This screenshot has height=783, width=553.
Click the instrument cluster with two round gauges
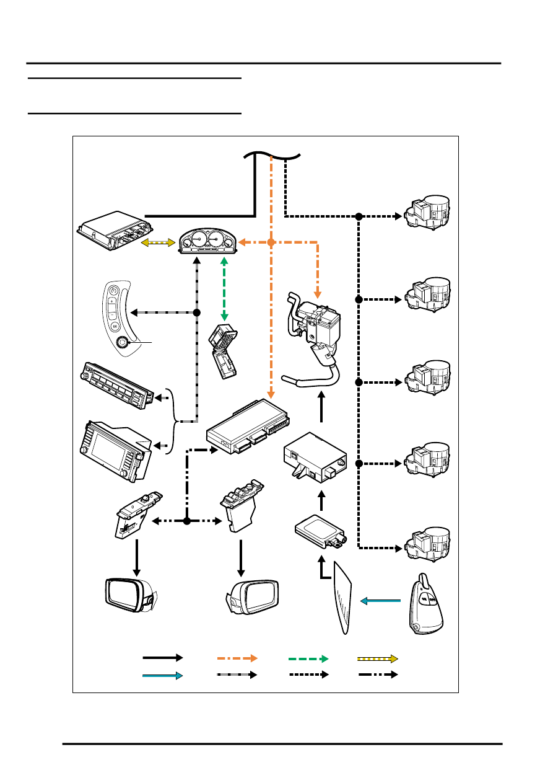207,242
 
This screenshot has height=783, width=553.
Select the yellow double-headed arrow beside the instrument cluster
159,243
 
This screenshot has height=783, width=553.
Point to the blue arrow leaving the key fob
381,600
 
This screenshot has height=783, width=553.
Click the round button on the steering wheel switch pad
123,340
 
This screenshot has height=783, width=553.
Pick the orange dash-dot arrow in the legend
237,657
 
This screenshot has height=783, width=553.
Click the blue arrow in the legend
162,675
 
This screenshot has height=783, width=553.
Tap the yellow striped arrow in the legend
378,657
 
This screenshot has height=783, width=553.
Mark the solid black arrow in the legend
162,657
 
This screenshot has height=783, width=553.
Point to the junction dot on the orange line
271,242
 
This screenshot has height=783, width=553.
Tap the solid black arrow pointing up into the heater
321,407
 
